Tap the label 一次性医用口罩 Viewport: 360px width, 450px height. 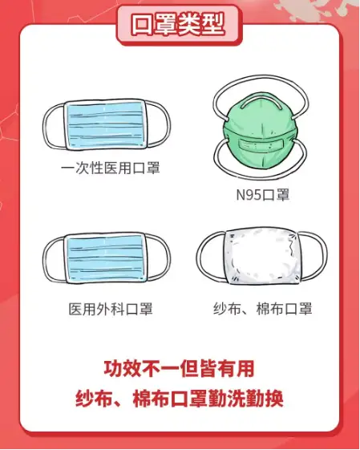coord(111,168)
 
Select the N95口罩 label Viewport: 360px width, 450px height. coord(262,195)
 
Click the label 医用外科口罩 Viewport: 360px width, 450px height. coord(111,309)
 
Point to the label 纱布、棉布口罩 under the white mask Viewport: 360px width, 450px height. coord(262,309)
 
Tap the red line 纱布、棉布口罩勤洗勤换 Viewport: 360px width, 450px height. coord(180,399)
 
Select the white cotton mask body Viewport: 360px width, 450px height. coord(262,257)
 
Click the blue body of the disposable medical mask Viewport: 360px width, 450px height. coord(106,125)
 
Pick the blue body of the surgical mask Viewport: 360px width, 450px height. coord(106,258)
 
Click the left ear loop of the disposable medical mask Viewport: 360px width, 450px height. coord(45,126)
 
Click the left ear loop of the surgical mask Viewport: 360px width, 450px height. coord(45,258)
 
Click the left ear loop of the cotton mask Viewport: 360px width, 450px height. coord(199,256)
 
